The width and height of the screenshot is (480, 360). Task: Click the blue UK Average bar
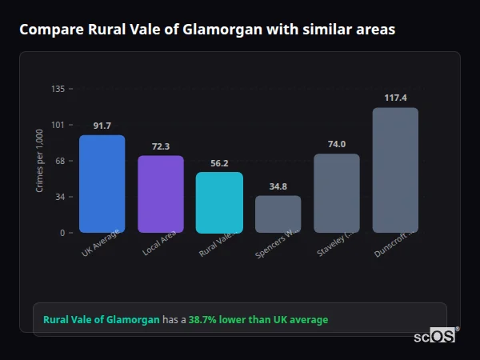102,184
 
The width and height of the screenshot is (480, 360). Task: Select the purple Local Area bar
161,194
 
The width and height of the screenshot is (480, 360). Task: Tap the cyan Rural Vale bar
219,202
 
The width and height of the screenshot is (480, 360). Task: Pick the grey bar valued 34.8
278,214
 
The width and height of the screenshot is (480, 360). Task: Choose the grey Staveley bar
336,193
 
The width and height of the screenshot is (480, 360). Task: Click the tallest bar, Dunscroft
395,170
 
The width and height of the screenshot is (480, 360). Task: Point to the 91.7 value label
102,126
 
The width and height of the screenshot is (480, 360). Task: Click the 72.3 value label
161,146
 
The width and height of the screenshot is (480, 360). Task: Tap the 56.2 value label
219,163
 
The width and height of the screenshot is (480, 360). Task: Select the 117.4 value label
395,98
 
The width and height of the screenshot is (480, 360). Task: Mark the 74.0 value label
336,145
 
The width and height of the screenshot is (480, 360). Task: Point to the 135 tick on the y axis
58,89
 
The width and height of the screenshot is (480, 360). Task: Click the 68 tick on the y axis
60,161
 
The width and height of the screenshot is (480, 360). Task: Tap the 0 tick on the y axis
62,233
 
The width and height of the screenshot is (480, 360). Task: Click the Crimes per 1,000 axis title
40,161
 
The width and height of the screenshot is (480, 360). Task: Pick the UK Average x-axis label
100,244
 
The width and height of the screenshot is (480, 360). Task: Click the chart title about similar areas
206,30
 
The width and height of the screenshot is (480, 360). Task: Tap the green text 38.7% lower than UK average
258,320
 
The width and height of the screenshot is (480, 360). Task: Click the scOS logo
434,336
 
